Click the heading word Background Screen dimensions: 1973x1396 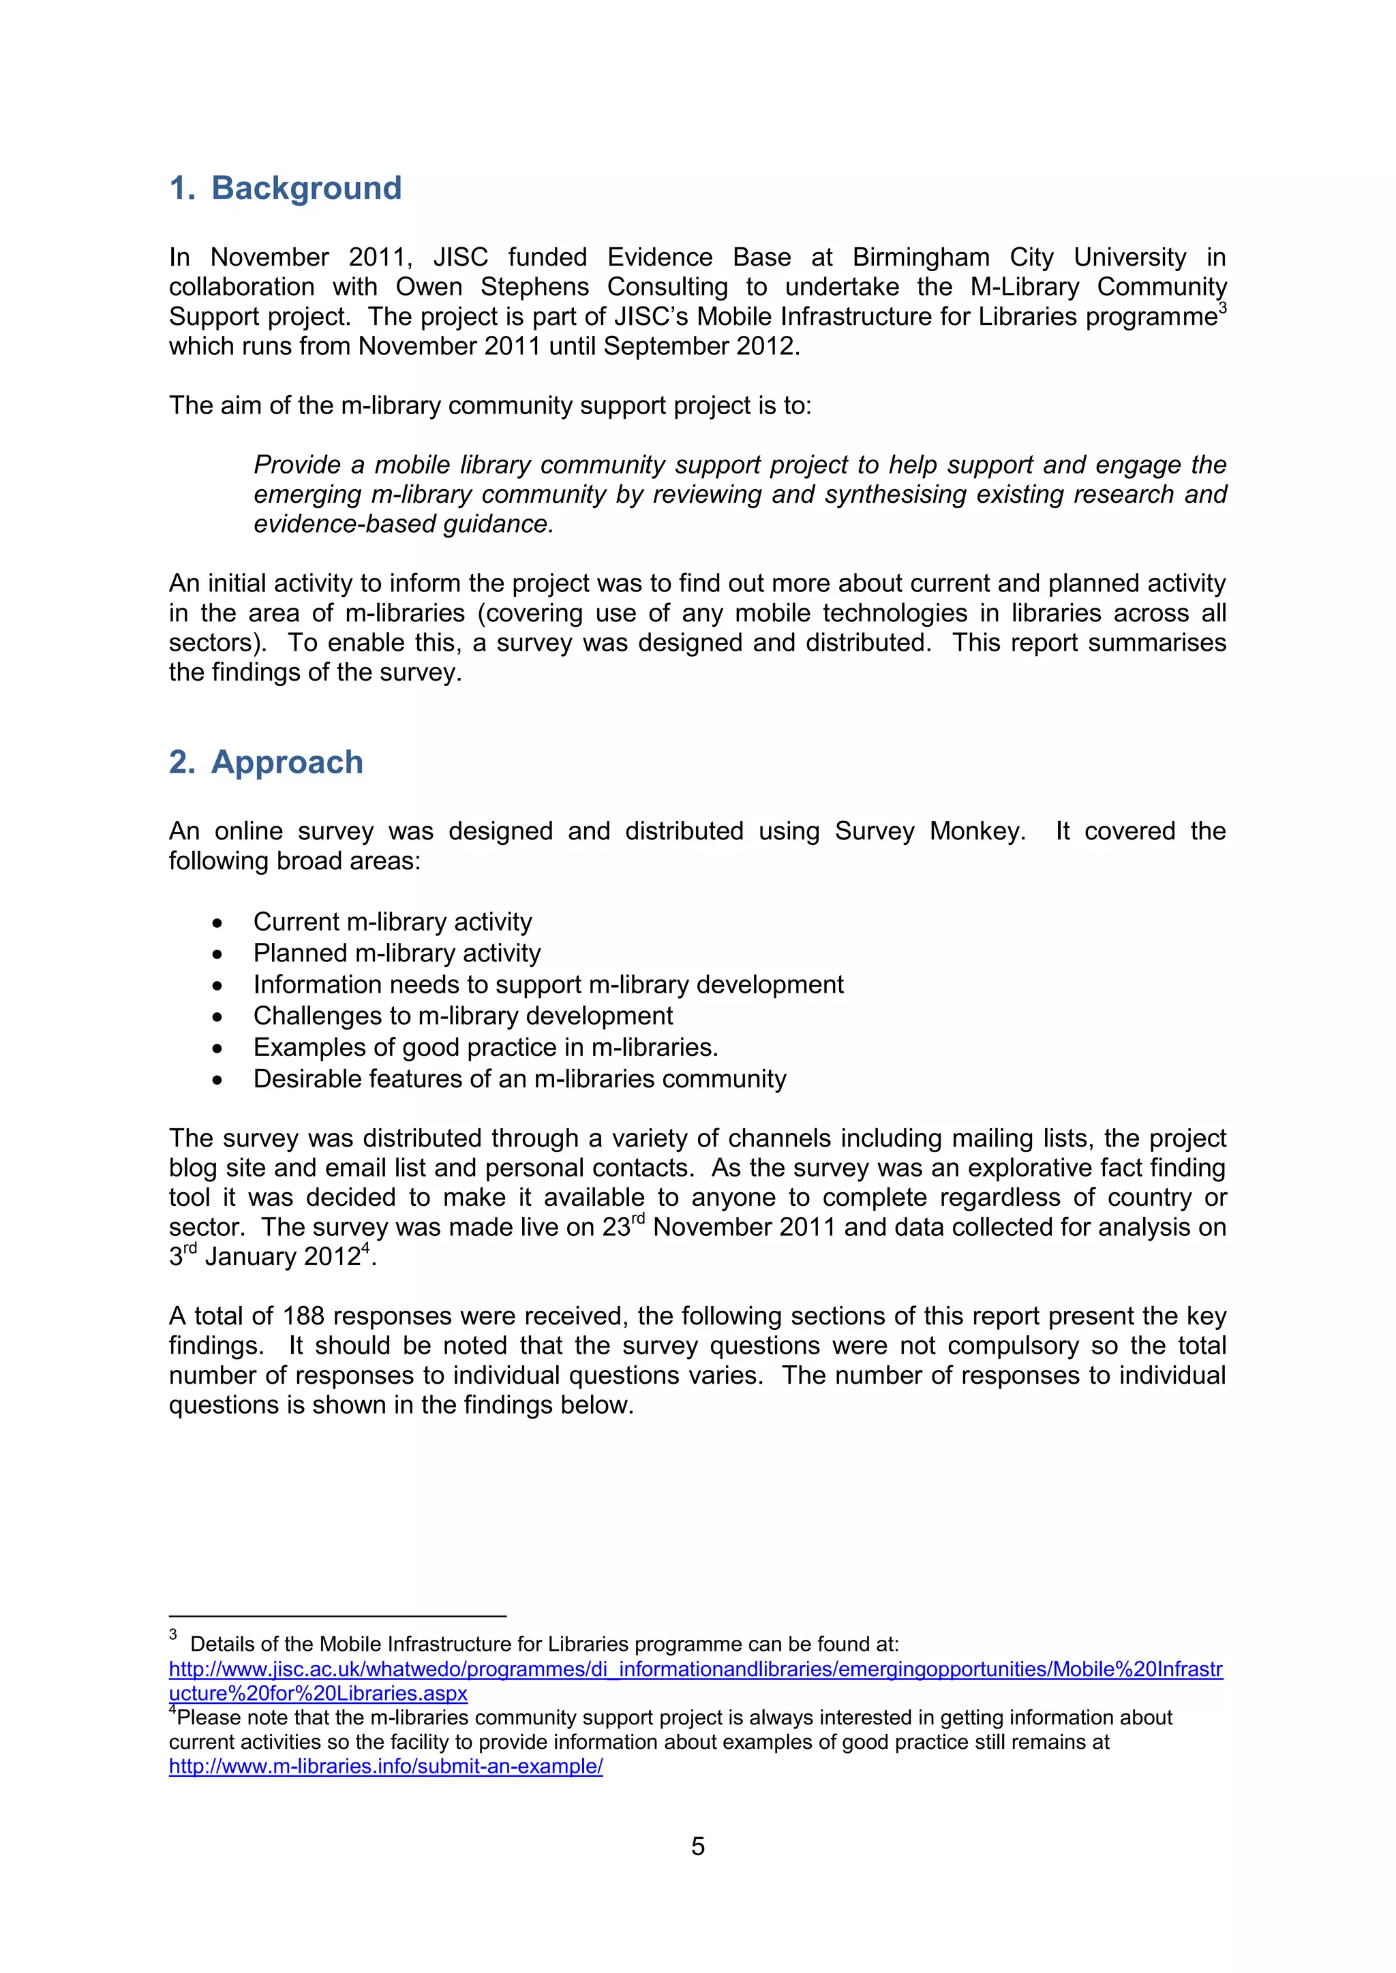click(x=306, y=188)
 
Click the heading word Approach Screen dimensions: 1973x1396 click(x=287, y=762)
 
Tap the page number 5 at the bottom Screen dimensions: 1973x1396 click(x=697, y=1846)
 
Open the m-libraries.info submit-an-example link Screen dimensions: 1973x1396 click(x=385, y=1766)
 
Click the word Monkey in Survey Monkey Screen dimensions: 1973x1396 click(x=977, y=831)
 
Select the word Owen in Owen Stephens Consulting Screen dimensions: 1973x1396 click(x=428, y=287)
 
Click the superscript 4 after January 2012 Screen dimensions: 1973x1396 click(x=365, y=1249)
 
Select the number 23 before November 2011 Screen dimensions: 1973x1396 click(x=616, y=1228)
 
